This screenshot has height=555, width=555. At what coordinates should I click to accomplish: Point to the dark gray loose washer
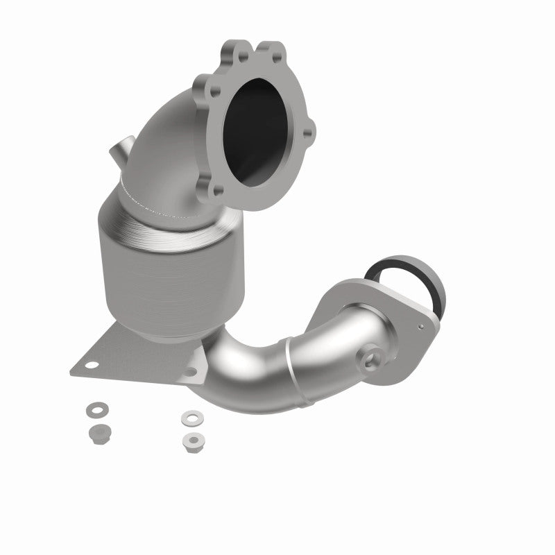pyautogui.click(x=94, y=409)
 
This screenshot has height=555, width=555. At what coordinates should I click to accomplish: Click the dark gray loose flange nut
pyautogui.click(x=96, y=433)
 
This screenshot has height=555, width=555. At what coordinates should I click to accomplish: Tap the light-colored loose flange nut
pyautogui.click(x=190, y=440)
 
